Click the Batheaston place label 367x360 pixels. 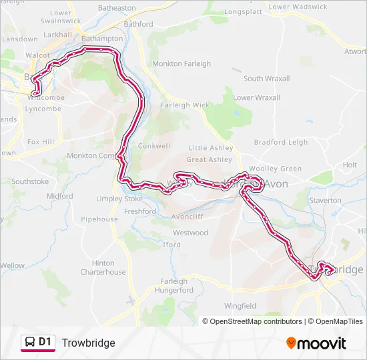click(x=117, y=8)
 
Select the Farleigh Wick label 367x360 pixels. click(x=185, y=105)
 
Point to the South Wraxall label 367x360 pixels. click(x=266, y=79)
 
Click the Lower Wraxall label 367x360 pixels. click(x=257, y=97)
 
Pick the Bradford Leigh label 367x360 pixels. click(x=281, y=142)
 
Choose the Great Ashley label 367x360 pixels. click(x=210, y=159)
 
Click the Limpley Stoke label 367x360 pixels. click(x=119, y=199)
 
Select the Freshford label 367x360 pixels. click(x=140, y=211)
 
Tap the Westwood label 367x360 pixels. click(x=190, y=233)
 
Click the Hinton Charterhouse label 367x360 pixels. click(x=103, y=267)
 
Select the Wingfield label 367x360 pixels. click(x=240, y=306)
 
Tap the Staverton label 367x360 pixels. click(x=326, y=200)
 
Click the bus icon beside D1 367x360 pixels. click(x=29, y=343)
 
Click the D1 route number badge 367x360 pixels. click(x=45, y=342)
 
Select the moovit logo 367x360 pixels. click(x=316, y=343)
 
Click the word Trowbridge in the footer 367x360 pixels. click(x=88, y=343)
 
